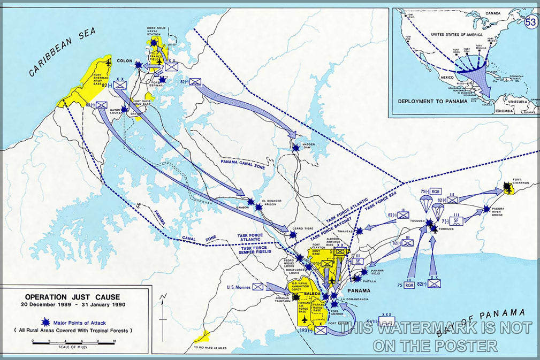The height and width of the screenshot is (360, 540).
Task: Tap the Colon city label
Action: tap(124, 60)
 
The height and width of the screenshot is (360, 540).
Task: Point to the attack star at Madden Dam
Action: tap(295, 147)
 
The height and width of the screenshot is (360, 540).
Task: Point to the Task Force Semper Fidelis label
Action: tap(264, 249)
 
